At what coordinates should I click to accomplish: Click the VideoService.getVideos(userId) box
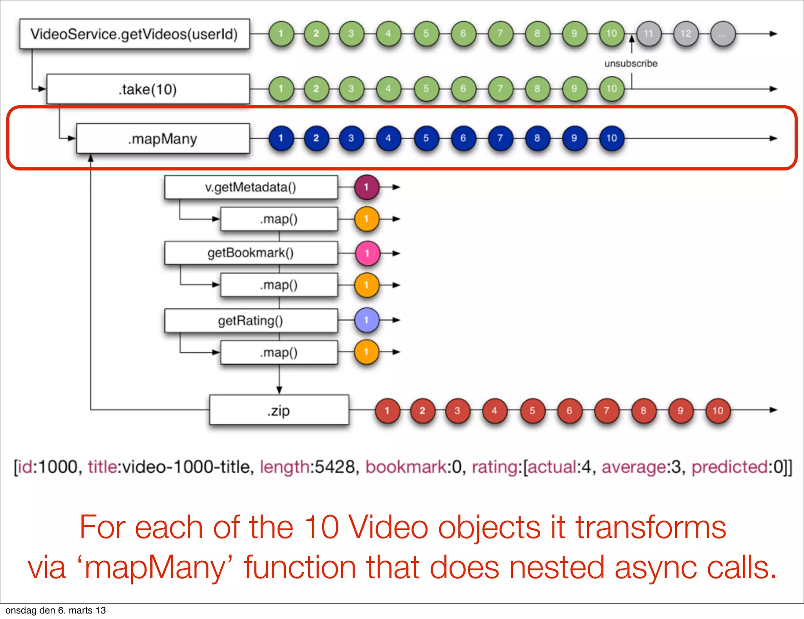coord(134,34)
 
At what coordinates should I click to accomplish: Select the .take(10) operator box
coord(148,89)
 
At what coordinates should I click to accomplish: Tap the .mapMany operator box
coord(163,139)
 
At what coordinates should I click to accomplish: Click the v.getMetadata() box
coord(250,187)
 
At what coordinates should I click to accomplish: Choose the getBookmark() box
coord(250,253)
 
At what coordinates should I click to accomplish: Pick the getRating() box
coord(250,321)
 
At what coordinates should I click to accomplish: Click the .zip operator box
coord(279,410)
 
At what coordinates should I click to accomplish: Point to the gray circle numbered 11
coord(649,34)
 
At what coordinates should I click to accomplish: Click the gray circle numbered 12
coord(685,34)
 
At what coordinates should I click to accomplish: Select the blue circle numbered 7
coord(500,138)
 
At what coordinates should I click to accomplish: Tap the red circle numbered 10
coord(718,411)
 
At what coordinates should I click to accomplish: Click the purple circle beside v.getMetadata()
coord(367,187)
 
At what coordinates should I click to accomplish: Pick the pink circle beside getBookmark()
coord(367,253)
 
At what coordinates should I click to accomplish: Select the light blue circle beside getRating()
coord(367,320)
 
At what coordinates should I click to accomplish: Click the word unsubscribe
coord(631,64)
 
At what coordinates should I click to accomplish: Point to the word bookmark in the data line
coord(406,467)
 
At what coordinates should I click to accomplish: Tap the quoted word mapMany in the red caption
coord(153,568)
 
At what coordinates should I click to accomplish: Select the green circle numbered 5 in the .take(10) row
coord(426,89)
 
